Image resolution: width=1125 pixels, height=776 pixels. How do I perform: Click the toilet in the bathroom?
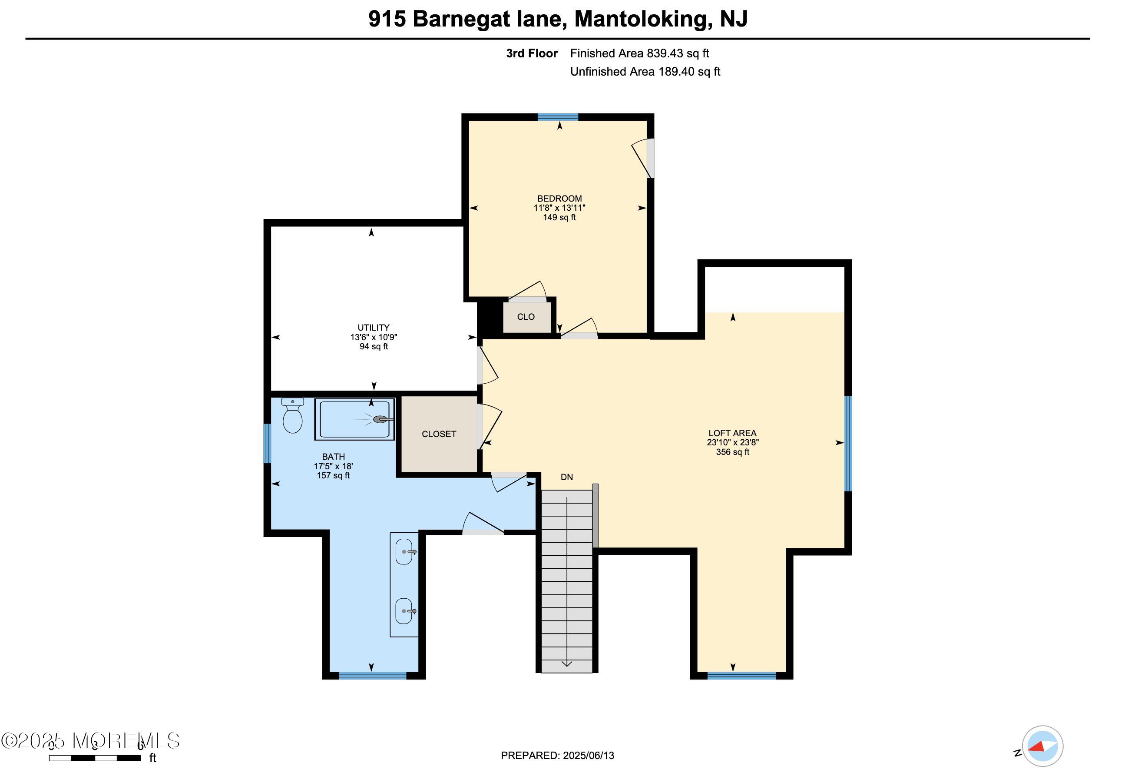click(x=293, y=417)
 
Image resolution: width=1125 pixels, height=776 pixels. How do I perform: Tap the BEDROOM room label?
click(x=559, y=199)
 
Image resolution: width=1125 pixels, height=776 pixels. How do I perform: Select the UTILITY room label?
click(x=373, y=328)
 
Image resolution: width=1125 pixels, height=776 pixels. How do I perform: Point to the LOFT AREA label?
click(x=732, y=433)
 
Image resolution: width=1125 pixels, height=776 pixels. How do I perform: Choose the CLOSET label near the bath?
click(x=439, y=434)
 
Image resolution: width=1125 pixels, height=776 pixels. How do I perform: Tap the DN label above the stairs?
click(x=567, y=478)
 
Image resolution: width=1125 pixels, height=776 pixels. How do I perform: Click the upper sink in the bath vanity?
click(x=404, y=552)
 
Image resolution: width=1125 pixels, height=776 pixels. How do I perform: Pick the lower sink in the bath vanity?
click(x=404, y=611)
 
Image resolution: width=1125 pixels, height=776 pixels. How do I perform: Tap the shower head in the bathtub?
click(x=381, y=419)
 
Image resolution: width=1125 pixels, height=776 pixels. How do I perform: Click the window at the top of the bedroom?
click(x=558, y=117)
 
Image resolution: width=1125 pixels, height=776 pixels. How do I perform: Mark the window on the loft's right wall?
click(x=848, y=444)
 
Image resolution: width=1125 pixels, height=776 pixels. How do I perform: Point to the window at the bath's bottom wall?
click(x=372, y=675)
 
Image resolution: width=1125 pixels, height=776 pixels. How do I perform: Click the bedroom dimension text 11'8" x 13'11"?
click(x=559, y=208)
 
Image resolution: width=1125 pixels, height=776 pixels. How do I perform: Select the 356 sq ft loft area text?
click(x=732, y=452)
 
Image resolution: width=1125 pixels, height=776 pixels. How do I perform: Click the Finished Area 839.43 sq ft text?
click(x=639, y=53)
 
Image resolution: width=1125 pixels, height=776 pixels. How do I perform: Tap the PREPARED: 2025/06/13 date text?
click(x=557, y=756)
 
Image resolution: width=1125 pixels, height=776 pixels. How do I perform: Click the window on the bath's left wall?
click(x=267, y=444)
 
